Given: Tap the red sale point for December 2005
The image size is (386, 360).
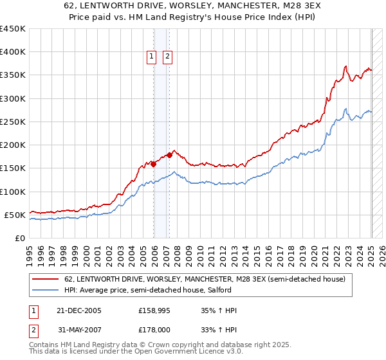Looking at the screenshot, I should [154, 164].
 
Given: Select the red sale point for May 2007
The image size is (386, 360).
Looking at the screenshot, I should [169, 155].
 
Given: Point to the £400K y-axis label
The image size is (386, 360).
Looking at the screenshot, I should [13, 52].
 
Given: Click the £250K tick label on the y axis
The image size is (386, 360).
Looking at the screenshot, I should [13, 122].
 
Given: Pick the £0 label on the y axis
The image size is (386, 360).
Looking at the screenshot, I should [19, 238].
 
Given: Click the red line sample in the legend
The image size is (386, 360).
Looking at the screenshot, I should [45, 280].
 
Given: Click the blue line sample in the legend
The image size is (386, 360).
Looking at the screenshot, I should [45, 291].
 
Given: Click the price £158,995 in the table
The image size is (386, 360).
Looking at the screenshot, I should [154, 310].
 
